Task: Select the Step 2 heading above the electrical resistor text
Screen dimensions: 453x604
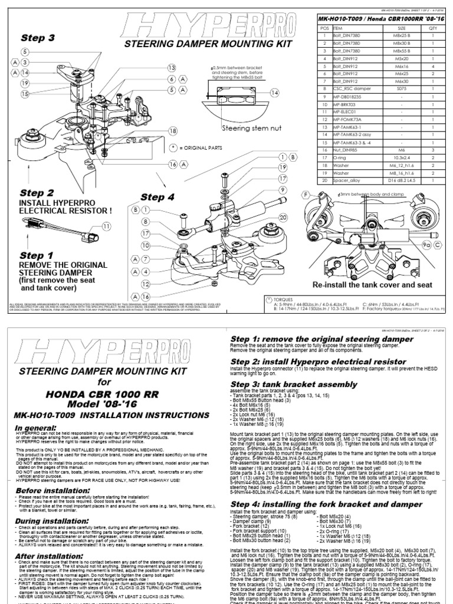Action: [37, 193]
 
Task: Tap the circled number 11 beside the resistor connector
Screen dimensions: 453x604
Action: [106, 226]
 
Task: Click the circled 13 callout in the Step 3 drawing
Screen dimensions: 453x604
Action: [172, 68]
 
